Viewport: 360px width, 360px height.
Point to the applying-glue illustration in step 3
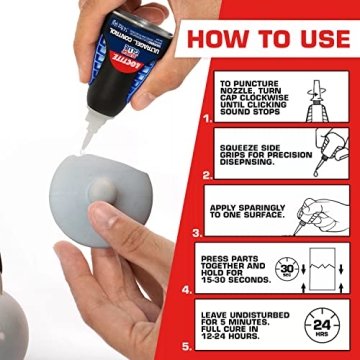coord(320,210)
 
